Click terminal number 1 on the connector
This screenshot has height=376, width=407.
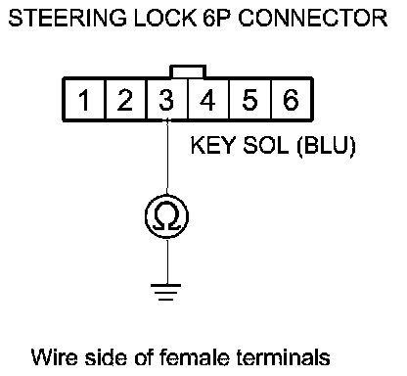[x=85, y=100]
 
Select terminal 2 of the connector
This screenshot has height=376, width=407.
[x=125, y=100]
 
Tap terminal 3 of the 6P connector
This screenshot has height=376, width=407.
[x=167, y=100]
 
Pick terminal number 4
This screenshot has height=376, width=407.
[x=208, y=100]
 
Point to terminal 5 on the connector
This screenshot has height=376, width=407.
[x=249, y=100]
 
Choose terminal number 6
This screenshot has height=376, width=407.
[x=291, y=100]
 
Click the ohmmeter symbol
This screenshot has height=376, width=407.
[x=167, y=216]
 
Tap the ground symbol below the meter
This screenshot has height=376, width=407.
[x=165, y=292]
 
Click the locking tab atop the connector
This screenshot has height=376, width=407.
[x=188, y=71]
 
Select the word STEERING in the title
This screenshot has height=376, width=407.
[x=68, y=18]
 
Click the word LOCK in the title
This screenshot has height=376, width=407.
[x=165, y=18]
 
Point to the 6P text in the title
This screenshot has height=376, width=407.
[x=218, y=18]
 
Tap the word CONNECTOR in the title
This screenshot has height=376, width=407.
[x=313, y=18]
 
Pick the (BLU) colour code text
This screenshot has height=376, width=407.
[x=326, y=146]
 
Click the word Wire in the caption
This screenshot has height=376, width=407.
[x=55, y=356]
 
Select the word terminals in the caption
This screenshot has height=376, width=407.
[x=283, y=356]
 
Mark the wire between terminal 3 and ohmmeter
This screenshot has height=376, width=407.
[x=167, y=158]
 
